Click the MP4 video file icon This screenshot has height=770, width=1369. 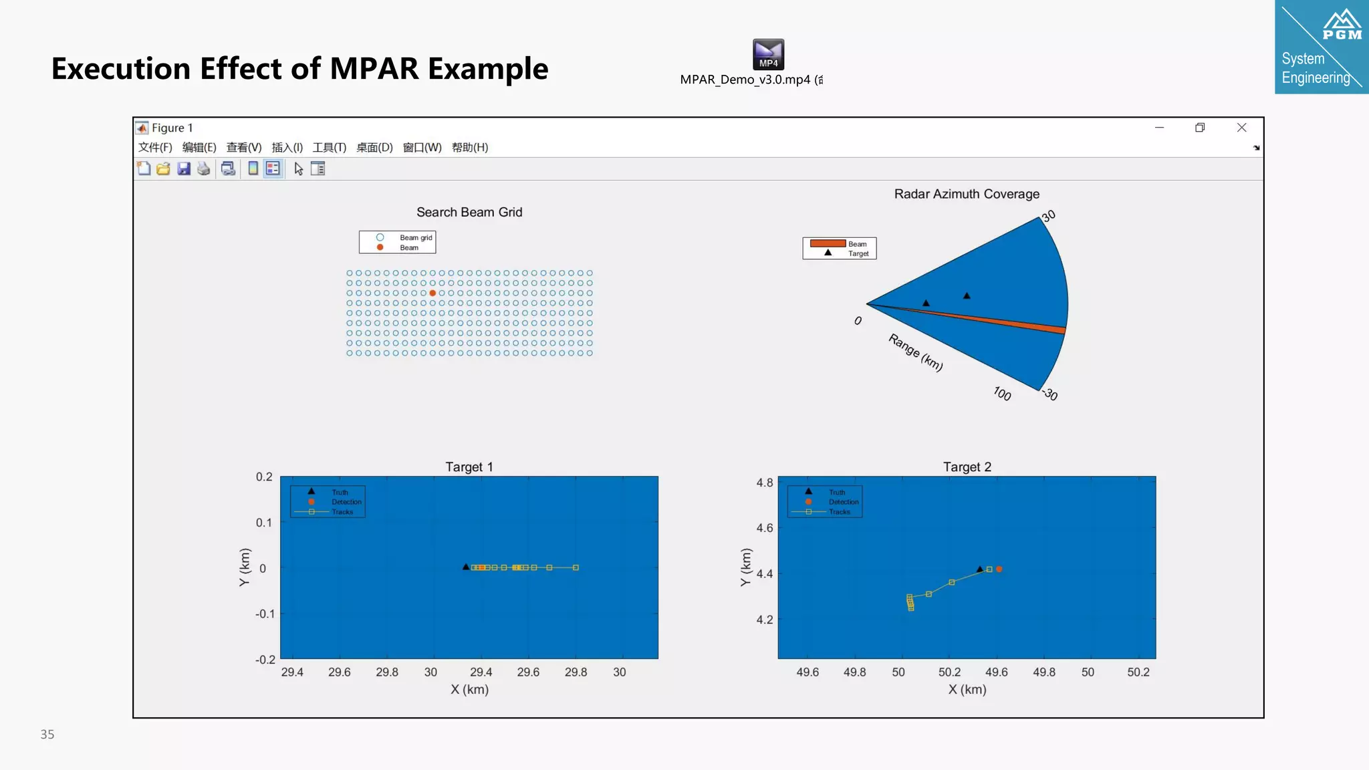[768, 54]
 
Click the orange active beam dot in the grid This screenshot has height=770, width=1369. [432, 293]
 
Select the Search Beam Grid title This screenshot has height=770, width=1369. [469, 213]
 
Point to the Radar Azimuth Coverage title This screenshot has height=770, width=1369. [967, 194]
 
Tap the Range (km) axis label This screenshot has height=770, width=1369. [915, 352]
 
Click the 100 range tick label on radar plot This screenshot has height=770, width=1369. [1001, 394]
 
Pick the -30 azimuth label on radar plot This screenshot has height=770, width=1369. [1050, 395]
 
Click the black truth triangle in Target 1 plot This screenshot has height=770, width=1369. [466, 567]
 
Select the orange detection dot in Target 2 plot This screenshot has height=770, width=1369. [999, 569]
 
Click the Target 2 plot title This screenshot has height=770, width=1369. [967, 467]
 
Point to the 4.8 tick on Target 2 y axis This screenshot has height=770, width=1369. [764, 483]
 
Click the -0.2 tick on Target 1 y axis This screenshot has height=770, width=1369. [265, 660]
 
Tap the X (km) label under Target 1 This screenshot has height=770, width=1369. [469, 690]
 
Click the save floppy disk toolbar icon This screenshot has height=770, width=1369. [184, 169]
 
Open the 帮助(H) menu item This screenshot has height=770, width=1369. [469, 148]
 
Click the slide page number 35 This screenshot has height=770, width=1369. [47, 735]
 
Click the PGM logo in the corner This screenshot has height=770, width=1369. [1342, 27]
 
